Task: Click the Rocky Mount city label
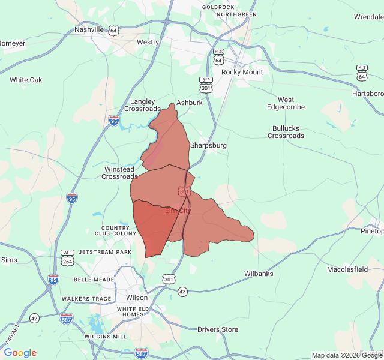[242, 72]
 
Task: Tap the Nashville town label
[89, 29]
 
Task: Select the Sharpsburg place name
[208, 145]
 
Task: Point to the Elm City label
[178, 211]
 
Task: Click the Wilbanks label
[259, 274]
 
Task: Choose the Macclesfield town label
[347, 269]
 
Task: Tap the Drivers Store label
[218, 329]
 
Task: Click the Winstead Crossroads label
[119, 173]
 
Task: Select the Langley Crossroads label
[142, 105]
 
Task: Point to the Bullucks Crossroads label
[286, 132]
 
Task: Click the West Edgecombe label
[286, 103]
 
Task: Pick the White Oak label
[26, 80]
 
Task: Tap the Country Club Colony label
[116, 230]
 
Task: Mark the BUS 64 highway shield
[218, 57]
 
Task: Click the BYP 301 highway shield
[206, 84]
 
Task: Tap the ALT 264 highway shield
[68, 257]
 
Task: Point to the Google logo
[20, 353]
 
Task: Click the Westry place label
[148, 42]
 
